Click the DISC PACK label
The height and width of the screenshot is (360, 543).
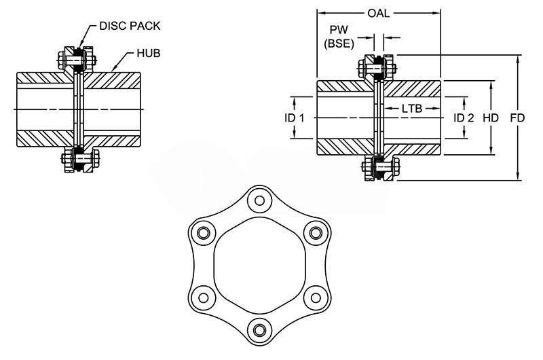coord(130,26)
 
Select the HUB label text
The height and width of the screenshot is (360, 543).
coord(148,53)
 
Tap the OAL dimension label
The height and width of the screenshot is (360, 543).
coord(378,12)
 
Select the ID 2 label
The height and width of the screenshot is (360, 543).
coord(464,118)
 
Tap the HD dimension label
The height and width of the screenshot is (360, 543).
coord(491,118)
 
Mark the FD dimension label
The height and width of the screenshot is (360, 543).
coord(517,118)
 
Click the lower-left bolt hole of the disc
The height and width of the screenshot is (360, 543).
coord(201,296)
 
